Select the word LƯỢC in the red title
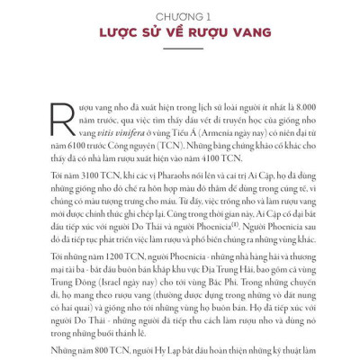point(118,35)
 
